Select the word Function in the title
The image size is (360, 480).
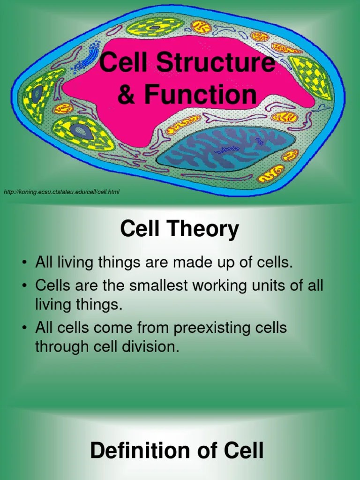pos(201,94)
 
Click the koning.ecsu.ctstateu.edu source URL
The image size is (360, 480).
pos(61,192)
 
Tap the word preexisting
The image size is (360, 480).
pos(218,328)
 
